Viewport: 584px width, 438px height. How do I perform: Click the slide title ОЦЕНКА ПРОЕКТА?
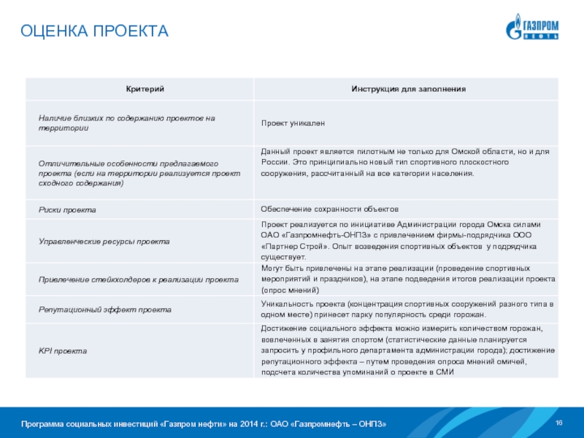pyautogui.click(x=95, y=31)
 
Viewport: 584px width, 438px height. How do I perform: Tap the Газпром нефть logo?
pyautogui.click(x=534, y=27)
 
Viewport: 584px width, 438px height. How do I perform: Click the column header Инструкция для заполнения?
pyautogui.click(x=408, y=88)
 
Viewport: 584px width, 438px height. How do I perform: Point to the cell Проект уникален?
pyautogui.click(x=293, y=123)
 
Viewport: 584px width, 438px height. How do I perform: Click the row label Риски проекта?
pyautogui.click(x=68, y=210)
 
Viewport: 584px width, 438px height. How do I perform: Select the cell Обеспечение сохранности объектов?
pyautogui.click(x=329, y=210)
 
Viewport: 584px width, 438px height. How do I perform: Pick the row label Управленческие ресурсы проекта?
pyautogui.click(x=104, y=240)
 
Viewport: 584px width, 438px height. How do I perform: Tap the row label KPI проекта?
pyautogui.click(x=63, y=351)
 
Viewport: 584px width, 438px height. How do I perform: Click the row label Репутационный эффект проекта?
pyautogui.click(x=105, y=310)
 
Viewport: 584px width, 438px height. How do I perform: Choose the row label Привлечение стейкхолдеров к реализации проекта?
pyautogui.click(x=139, y=280)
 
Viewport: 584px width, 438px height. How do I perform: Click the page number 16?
pyautogui.click(x=559, y=424)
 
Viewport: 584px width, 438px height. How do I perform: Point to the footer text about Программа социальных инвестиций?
pyautogui.click(x=204, y=424)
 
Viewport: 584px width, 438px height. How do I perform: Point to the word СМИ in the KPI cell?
pyautogui.click(x=446, y=372)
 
